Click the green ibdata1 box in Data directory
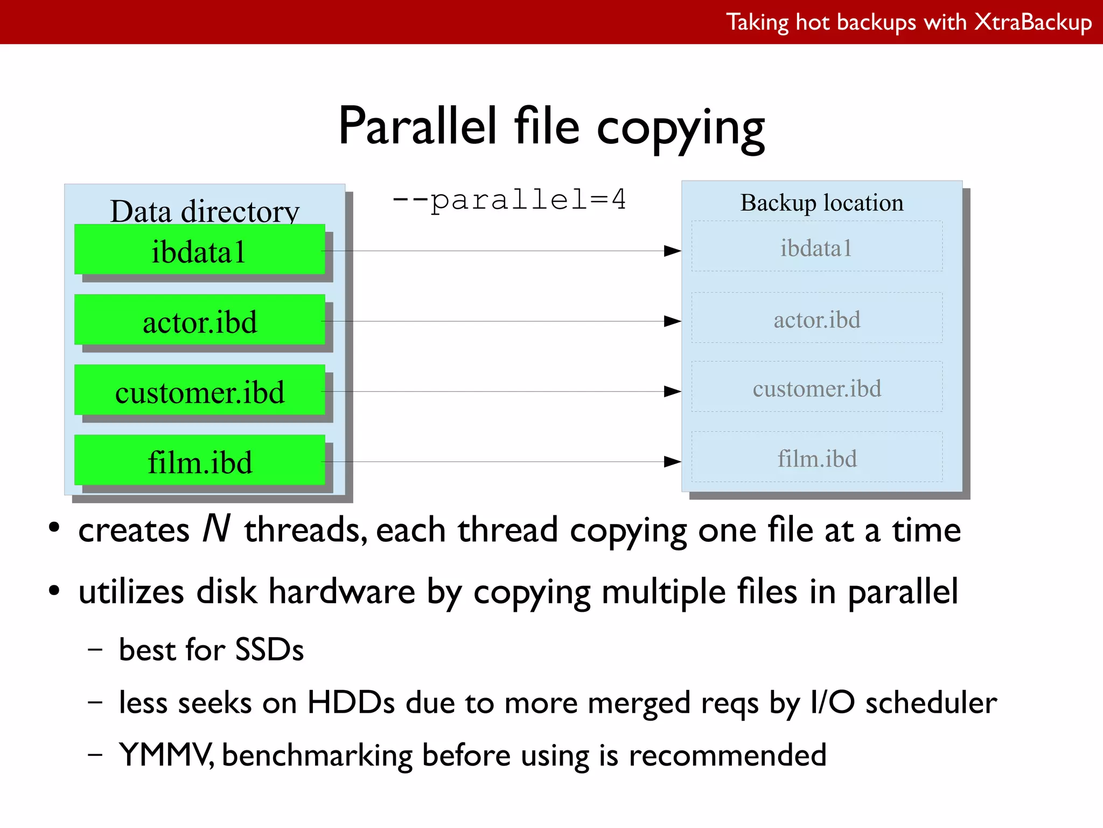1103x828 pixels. tap(199, 250)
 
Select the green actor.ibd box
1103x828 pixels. tap(199, 320)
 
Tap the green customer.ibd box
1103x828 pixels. tap(199, 390)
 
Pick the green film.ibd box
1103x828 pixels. tap(199, 460)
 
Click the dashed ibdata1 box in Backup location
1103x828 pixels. tap(816, 246)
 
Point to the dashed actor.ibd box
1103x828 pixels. tap(816, 318)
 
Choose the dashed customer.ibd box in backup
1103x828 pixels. tap(816, 387)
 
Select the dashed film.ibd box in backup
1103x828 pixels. tap(816, 457)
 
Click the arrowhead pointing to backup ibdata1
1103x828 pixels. tap(672, 251)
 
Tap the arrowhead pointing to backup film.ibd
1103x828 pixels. tap(672, 461)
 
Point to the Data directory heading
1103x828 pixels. tap(204, 211)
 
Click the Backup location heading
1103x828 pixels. tap(821, 203)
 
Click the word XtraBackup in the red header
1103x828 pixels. tap(1032, 23)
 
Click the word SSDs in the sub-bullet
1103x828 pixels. tap(269, 650)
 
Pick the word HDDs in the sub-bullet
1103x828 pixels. tap(351, 703)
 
